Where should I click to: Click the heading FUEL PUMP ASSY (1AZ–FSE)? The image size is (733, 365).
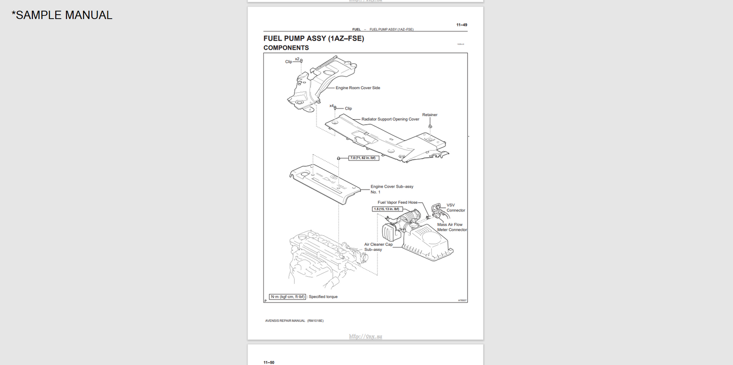[x=313, y=39]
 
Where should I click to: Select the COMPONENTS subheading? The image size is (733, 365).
[x=286, y=48]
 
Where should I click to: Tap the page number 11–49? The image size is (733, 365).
[x=462, y=25]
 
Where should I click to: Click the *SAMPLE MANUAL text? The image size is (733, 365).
[x=62, y=15]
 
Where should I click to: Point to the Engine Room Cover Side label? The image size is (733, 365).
[x=358, y=88]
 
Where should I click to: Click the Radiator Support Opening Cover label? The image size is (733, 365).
[x=390, y=120]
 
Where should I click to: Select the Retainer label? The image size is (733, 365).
[x=430, y=115]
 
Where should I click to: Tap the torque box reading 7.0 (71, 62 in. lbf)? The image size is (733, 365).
[x=364, y=158]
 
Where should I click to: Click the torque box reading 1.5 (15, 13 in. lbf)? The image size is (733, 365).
[x=387, y=209]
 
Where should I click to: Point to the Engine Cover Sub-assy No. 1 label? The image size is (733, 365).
[x=392, y=189]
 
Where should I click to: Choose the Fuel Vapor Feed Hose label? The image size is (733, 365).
[x=398, y=202]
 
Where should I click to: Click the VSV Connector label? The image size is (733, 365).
[x=455, y=208]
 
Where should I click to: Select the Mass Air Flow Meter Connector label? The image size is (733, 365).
[x=452, y=227]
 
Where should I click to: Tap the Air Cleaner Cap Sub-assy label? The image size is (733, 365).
[x=378, y=247]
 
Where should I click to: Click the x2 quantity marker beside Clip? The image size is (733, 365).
[x=297, y=59]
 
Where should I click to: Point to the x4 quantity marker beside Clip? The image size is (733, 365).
[x=331, y=106]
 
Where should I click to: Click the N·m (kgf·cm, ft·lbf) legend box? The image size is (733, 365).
[x=288, y=297]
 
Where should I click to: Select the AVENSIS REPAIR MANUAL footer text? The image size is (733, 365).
[x=294, y=321]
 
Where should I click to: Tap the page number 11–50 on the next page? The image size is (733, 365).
[x=269, y=362]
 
